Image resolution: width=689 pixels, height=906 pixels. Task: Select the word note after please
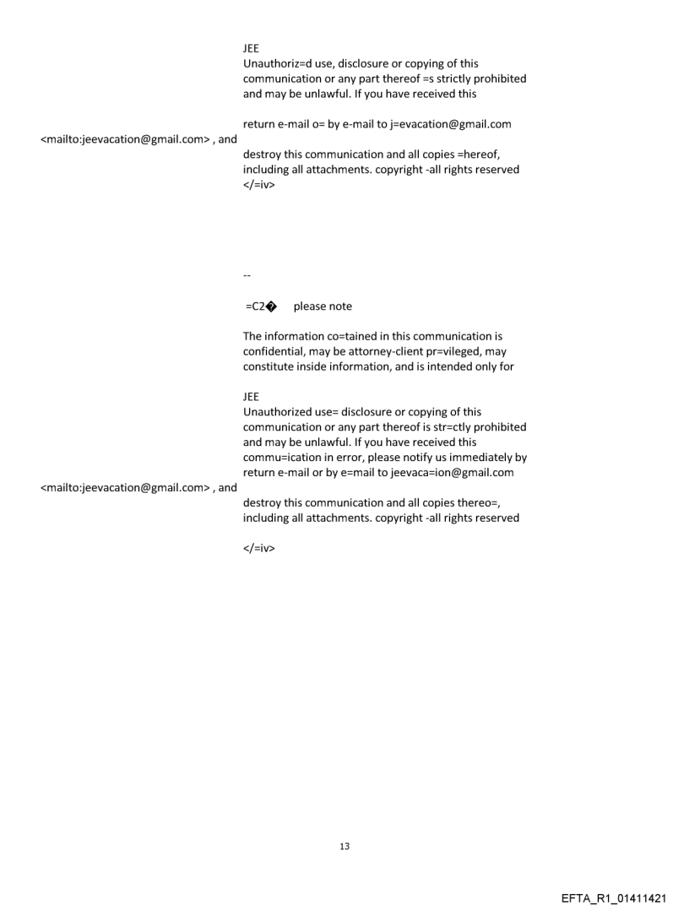339,306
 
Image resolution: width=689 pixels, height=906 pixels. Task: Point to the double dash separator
247,274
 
